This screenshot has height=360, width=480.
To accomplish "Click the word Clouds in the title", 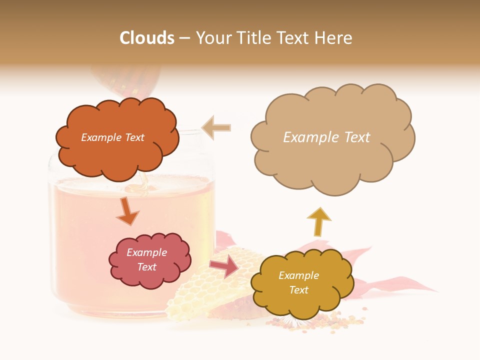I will (x=147, y=38).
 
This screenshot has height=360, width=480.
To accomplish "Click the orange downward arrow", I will (x=127, y=211).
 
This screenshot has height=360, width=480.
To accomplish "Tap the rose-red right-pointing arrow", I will (x=224, y=266).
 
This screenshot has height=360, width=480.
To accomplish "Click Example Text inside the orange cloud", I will (x=112, y=137).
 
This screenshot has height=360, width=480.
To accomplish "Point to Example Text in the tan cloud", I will (x=326, y=137).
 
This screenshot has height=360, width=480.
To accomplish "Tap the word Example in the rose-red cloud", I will (x=146, y=252).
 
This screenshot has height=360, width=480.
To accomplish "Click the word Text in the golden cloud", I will (x=298, y=290).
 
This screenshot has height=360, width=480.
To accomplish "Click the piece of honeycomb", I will (x=200, y=295).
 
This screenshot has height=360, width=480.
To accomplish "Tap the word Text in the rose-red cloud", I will (x=146, y=267).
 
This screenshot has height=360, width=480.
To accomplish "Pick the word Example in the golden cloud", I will (x=298, y=275).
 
